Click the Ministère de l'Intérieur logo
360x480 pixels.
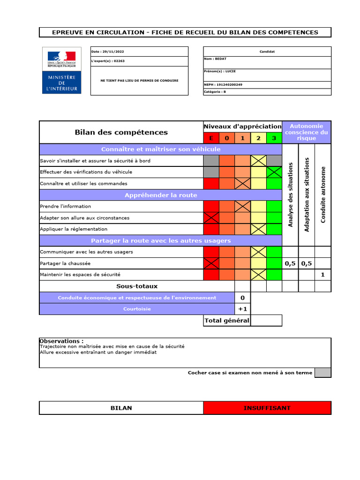pos(61,70)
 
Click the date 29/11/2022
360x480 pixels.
pos(102,52)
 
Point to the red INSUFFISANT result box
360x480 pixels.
pos(267,408)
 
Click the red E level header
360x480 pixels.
pos(211,138)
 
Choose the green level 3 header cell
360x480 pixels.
pos(274,138)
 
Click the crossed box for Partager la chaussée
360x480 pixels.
pos(211,263)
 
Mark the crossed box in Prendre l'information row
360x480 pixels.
pos(243,206)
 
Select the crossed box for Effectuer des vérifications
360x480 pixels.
pos(274,172)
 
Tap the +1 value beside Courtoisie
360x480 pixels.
pos(242,309)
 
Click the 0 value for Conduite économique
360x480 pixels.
pos(242,298)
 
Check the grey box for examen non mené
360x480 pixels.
pos(322,373)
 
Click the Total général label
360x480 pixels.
pos(227,321)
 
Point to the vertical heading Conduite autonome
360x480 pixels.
pos(323,195)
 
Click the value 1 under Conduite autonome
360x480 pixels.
pos(322,275)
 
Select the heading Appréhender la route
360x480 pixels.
pos(160,195)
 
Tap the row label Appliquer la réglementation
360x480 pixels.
pos(74,229)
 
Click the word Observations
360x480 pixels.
pos(61,341)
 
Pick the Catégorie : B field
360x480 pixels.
pos(215,92)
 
